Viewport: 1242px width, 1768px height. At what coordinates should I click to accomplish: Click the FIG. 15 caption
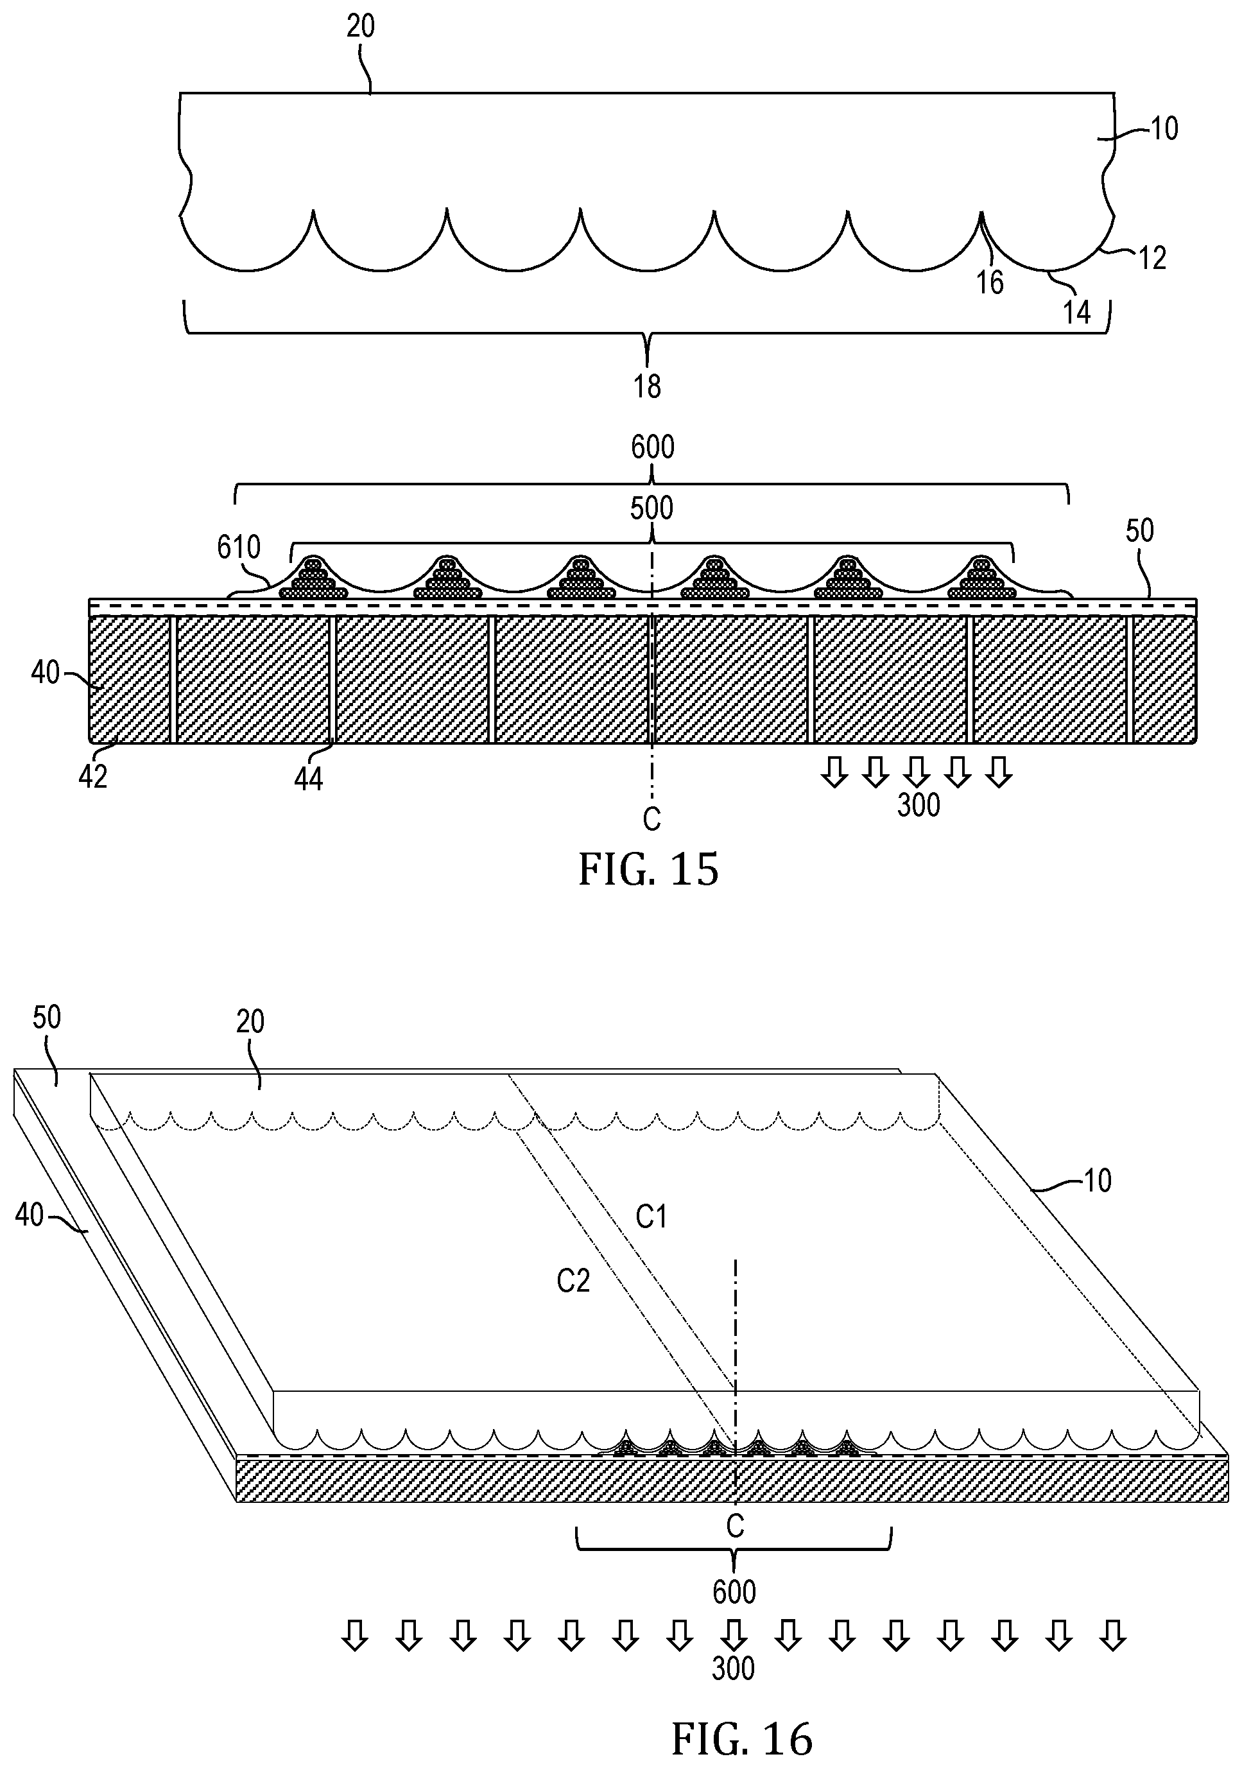[x=648, y=869]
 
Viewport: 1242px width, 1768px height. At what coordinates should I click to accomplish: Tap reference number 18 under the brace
[x=647, y=386]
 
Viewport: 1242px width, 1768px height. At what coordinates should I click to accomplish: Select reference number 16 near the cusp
[x=990, y=282]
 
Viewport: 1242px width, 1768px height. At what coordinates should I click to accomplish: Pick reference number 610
[x=239, y=548]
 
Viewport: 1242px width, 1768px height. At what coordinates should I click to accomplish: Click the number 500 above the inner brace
[x=651, y=508]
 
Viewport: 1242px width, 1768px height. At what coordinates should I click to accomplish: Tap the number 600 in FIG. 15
[x=653, y=447]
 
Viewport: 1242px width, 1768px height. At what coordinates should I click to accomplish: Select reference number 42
[x=93, y=777]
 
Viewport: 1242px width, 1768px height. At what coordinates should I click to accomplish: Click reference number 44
[x=308, y=779]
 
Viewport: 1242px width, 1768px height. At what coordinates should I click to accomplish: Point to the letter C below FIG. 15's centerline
[x=651, y=819]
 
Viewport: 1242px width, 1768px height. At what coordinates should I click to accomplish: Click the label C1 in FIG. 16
[x=651, y=1217]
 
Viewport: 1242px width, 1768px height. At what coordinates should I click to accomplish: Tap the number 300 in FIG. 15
[x=919, y=806]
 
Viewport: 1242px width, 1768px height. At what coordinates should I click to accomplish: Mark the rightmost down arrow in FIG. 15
[x=999, y=772]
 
